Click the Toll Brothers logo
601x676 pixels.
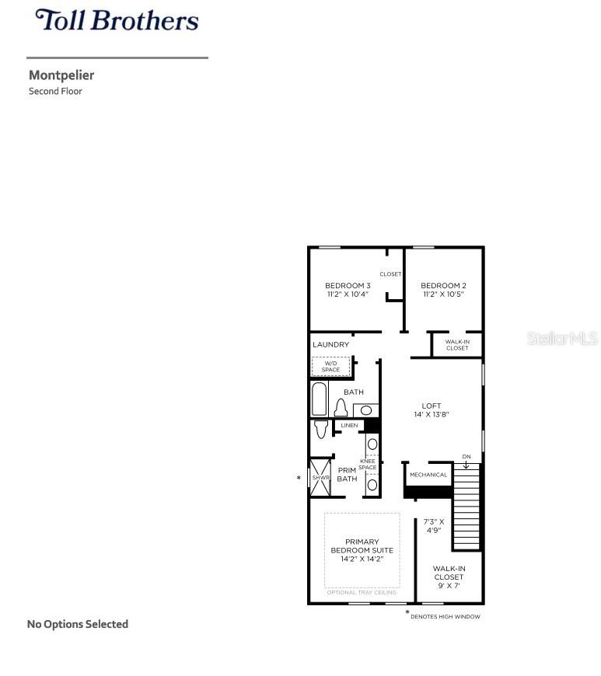(117, 19)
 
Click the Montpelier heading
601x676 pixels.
(61, 75)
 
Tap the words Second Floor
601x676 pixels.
(55, 91)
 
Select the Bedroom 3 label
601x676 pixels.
(348, 285)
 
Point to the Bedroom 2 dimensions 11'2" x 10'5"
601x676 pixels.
(443, 294)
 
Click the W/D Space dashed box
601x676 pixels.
(330, 367)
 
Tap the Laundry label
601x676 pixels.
(330, 344)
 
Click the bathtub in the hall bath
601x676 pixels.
(320, 399)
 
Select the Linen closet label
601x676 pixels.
(349, 426)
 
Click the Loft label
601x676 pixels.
(432, 406)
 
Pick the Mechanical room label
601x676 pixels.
(428, 475)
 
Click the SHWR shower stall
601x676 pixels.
(320, 478)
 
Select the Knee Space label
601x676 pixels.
(368, 465)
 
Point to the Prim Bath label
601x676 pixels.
(347, 474)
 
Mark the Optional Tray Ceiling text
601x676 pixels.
(362, 592)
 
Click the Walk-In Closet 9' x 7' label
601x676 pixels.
(449, 577)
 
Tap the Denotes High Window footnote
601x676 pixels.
(445, 617)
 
